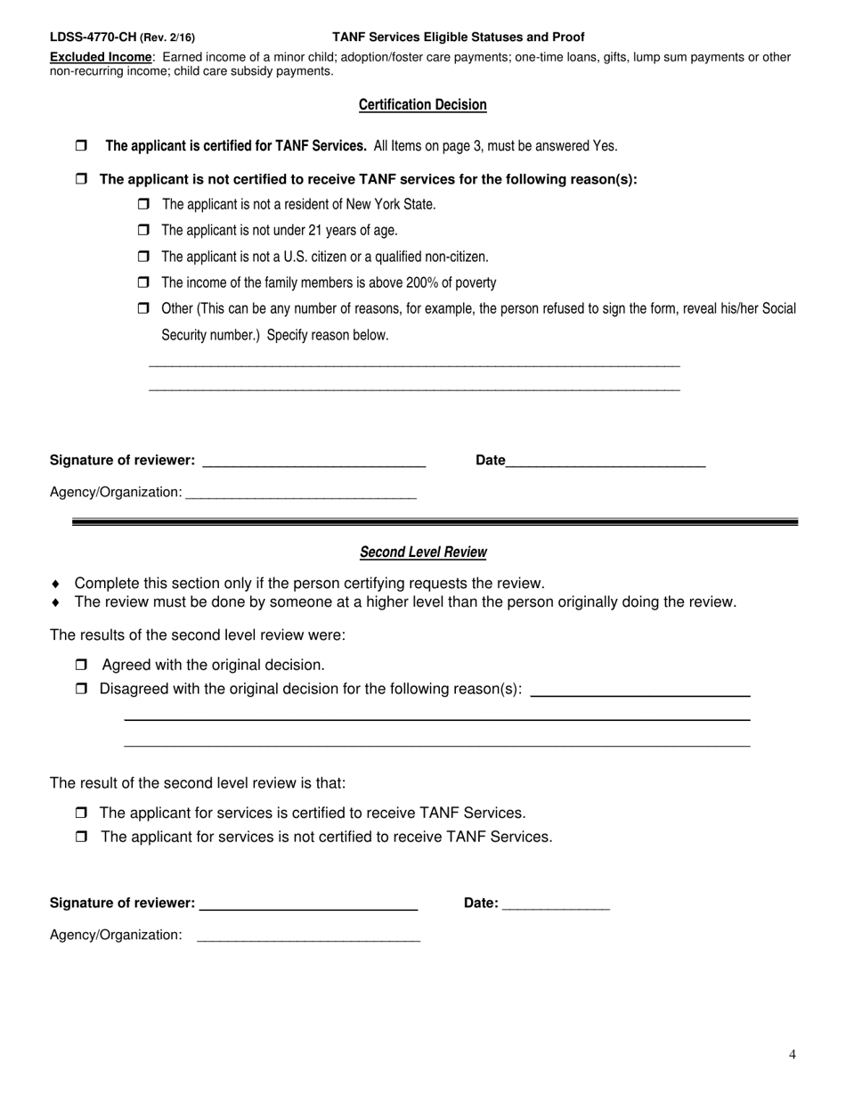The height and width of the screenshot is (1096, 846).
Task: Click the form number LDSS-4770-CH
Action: pyautogui.click(x=93, y=37)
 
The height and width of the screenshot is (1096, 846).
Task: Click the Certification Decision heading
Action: pyautogui.click(x=422, y=105)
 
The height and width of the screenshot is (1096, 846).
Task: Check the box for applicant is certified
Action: pyautogui.click(x=81, y=145)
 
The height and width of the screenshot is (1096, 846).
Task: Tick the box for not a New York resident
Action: pyautogui.click(x=143, y=204)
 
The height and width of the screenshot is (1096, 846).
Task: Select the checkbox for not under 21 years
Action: pyautogui.click(x=143, y=230)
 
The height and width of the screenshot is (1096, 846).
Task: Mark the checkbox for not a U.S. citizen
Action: pyautogui.click(x=143, y=257)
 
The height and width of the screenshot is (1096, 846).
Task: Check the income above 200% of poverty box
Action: pyautogui.click(x=143, y=282)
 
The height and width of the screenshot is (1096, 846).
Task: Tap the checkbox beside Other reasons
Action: pyautogui.click(x=143, y=308)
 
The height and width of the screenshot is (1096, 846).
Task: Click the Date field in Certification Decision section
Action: pyautogui.click(x=606, y=461)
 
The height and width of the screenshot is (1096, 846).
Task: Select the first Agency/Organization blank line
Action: pyautogui.click(x=300, y=493)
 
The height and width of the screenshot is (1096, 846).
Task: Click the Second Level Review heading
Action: pyautogui.click(x=423, y=552)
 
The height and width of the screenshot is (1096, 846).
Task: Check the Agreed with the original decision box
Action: pyautogui.click(x=81, y=665)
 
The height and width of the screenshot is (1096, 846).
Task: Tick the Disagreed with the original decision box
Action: pyautogui.click(x=81, y=689)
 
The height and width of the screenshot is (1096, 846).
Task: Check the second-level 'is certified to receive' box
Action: pyautogui.click(x=81, y=813)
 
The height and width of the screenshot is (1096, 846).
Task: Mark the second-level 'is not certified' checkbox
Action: pyautogui.click(x=81, y=837)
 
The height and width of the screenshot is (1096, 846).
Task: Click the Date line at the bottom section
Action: pyautogui.click(x=556, y=904)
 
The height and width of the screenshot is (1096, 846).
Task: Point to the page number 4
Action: pyautogui.click(x=792, y=1055)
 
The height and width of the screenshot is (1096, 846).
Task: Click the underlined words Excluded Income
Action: pyautogui.click(x=101, y=57)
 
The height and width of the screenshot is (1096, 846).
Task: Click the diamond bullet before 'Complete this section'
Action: pyautogui.click(x=55, y=584)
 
